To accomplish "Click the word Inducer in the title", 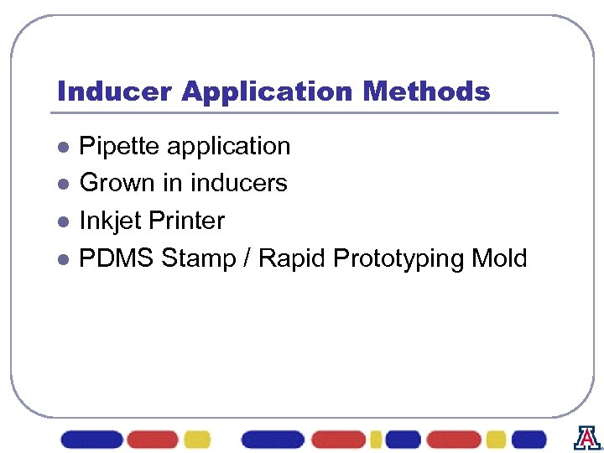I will pos(115,91).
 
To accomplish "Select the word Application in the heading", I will pos(268,91).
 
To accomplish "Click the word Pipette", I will pos(120,146).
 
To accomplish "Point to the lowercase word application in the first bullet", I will pos(229,147).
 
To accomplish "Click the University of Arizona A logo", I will pos(587,437).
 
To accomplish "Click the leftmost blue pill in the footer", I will pos(91,440).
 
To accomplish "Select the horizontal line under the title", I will pos(307,112).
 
